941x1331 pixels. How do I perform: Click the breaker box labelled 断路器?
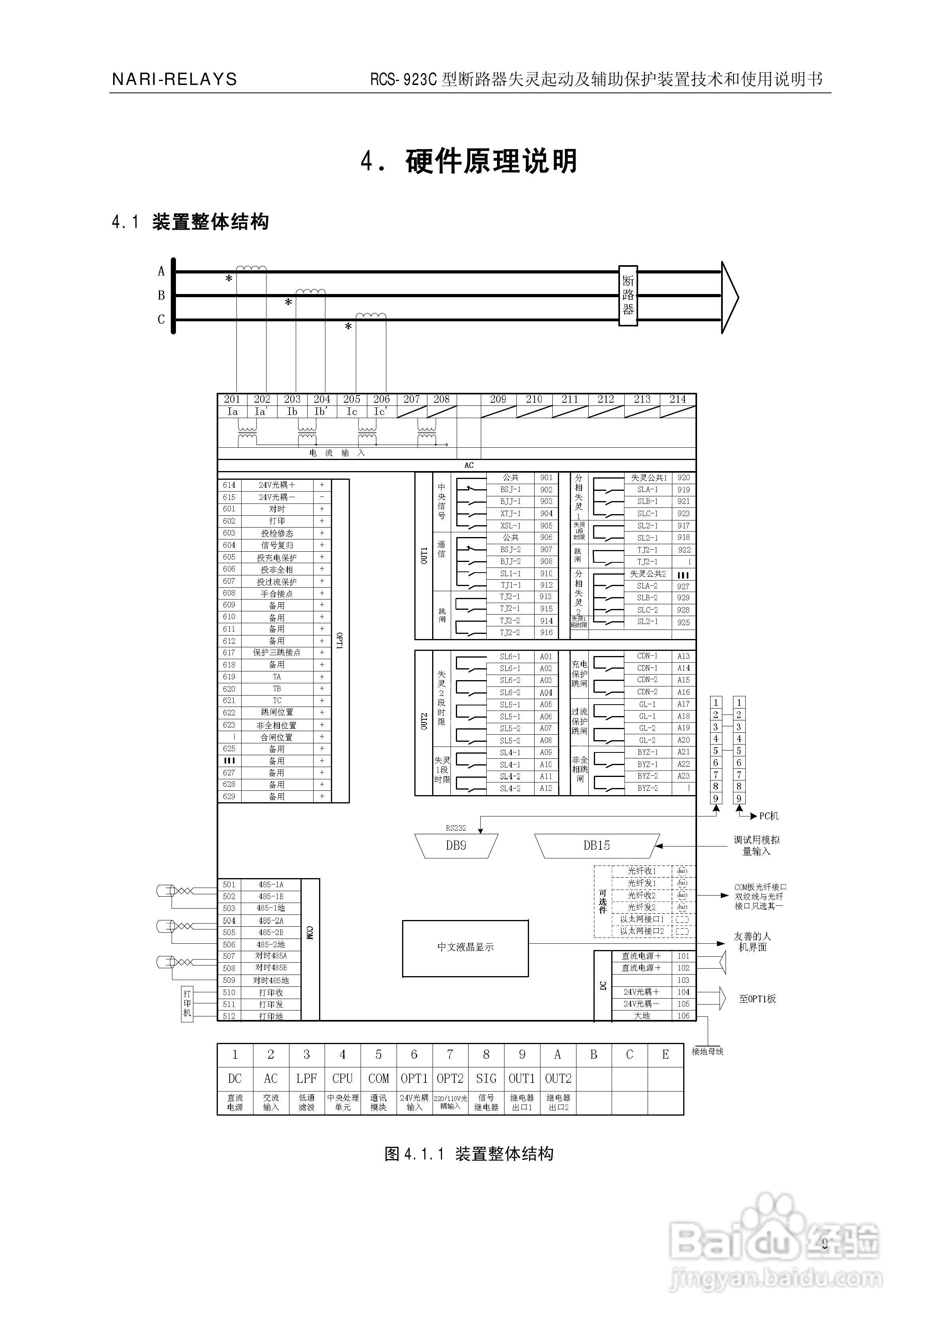(628, 295)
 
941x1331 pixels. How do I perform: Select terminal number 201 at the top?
(232, 399)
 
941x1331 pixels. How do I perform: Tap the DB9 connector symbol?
(456, 846)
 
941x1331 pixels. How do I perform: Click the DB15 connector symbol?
(596, 846)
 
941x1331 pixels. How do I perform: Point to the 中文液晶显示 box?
(465, 947)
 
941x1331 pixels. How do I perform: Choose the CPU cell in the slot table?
(342, 1078)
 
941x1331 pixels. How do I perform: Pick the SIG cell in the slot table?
(486, 1078)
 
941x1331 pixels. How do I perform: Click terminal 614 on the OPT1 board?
(229, 485)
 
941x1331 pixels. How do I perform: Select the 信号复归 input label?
(277, 545)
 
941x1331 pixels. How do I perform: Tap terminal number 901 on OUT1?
(546, 478)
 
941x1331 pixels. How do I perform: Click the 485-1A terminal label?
(271, 884)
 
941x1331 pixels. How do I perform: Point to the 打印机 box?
(187, 1003)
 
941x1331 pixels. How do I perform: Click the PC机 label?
(769, 816)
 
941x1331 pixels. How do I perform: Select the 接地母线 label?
(707, 1051)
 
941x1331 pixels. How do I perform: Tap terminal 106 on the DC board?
(684, 1016)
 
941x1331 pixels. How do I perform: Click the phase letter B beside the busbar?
(161, 295)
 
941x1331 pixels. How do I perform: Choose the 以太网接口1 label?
(642, 919)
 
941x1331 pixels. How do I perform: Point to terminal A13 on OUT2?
(684, 656)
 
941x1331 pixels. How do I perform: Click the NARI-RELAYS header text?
(174, 79)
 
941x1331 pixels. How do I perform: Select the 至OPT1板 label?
(757, 999)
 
